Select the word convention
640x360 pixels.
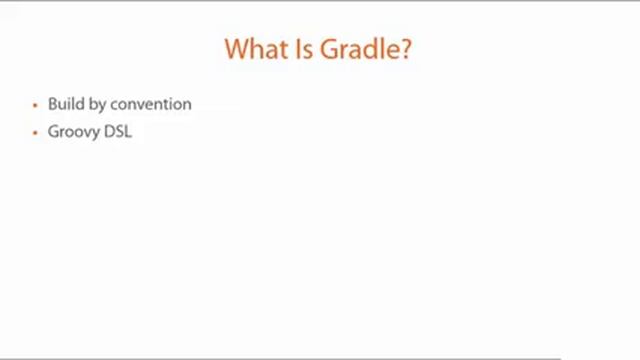(x=151, y=104)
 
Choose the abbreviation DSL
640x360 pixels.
(x=118, y=131)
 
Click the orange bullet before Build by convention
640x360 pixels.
(x=36, y=105)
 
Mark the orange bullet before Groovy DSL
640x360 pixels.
(x=36, y=132)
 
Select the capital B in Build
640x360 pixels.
(x=52, y=104)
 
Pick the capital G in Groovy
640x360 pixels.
(x=53, y=131)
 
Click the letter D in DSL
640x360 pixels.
(x=109, y=131)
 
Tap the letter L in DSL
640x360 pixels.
(x=128, y=131)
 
